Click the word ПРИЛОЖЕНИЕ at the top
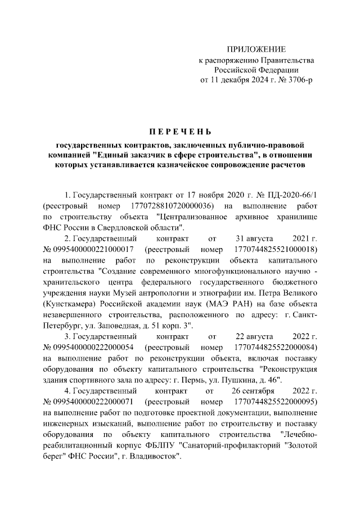(256, 49)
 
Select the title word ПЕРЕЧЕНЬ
(180, 132)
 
